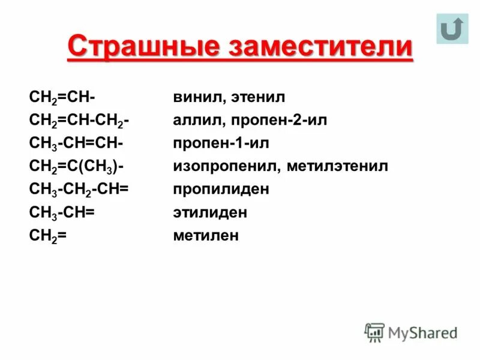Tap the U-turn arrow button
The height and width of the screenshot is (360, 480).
452,29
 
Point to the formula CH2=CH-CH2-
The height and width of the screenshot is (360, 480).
80,121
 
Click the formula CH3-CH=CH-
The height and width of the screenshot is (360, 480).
76,143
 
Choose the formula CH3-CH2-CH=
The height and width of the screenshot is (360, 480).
79,190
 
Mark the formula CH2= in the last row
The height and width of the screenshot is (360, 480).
47,236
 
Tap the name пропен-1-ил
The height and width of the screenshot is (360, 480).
221,143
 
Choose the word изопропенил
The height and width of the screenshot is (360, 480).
224,166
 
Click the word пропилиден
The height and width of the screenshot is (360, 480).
221,189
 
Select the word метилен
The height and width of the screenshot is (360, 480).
206,235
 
